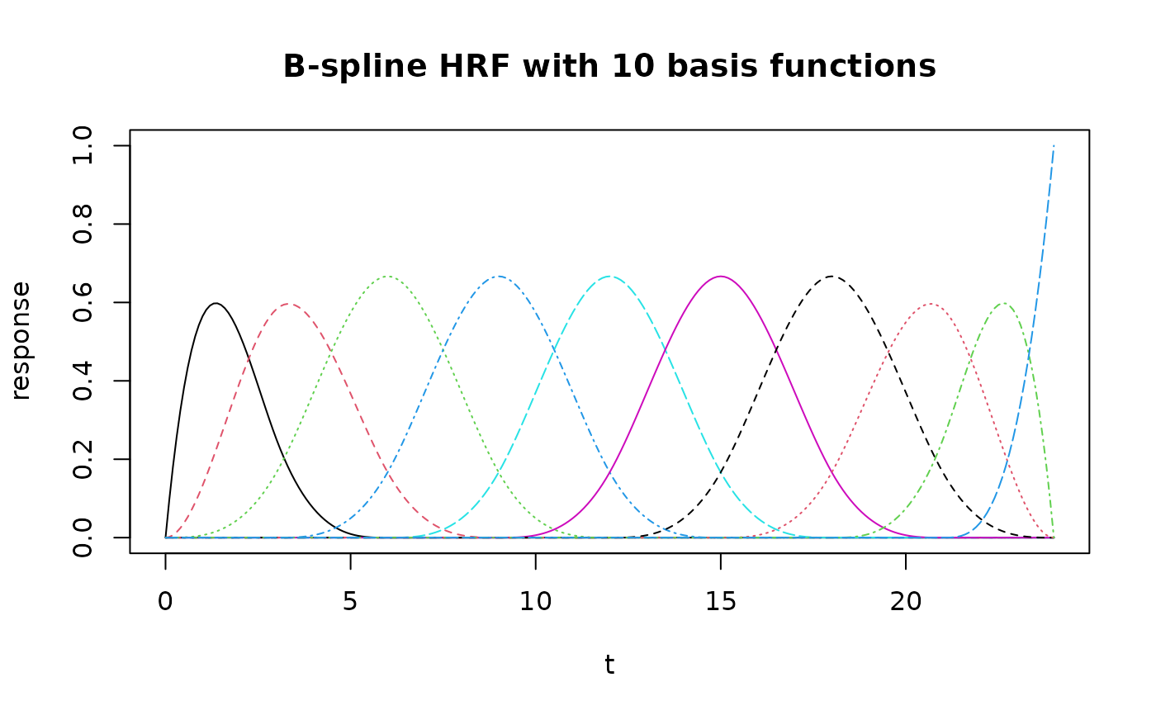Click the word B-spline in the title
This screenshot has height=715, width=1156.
tap(354, 67)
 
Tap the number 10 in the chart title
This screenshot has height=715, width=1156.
tap(632, 67)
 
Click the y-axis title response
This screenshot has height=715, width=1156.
tap(21, 340)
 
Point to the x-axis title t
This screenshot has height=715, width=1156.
tap(609, 664)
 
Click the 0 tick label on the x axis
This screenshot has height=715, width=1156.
tap(165, 602)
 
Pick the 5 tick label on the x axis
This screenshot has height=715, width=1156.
tap(350, 602)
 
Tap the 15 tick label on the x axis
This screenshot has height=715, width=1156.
tap(720, 602)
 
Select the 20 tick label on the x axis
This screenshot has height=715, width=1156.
tap(906, 602)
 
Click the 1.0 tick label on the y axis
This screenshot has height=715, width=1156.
tap(83, 145)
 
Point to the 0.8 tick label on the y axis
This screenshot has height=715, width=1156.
tap(83, 224)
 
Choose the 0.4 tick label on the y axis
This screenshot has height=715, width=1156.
tap(83, 381)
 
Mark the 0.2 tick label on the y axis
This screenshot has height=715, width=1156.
tap(83, 459)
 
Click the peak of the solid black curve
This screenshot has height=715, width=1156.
tap(216, 303)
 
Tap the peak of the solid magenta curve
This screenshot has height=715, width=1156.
tap(720, 277)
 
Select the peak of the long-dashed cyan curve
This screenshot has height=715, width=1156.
tap(609, 277)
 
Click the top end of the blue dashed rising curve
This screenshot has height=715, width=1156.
tap(1054, 146)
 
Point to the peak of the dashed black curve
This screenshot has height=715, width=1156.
tap(831, 277)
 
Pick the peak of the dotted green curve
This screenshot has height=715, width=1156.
tap(387, 277)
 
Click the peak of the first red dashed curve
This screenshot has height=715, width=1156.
tap(288, 304)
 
